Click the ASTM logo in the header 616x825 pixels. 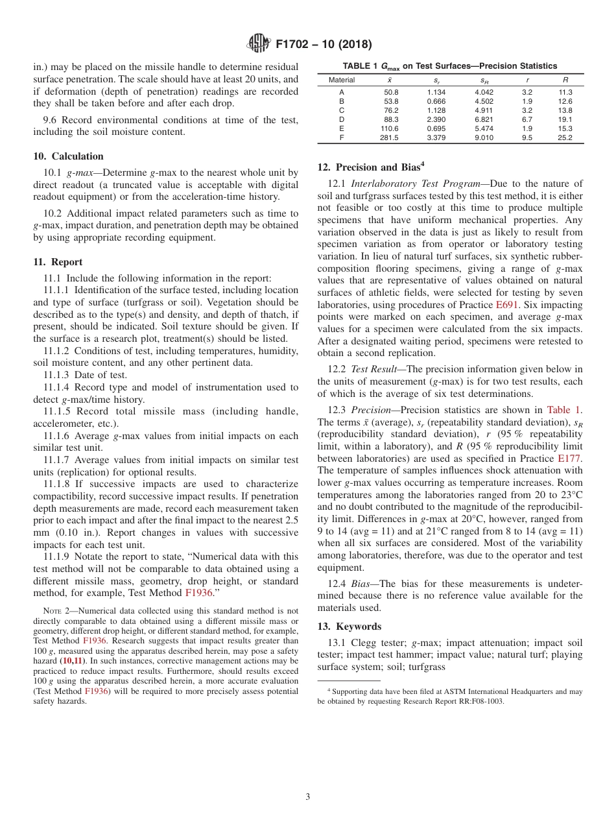pyautogui.click(x=259, y=44)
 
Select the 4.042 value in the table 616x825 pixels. pyautogui.click(x=484, y=92)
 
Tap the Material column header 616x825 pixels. pyautogui.click(x=342, y=80)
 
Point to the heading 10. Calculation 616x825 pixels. pyautogui.click(x=68, y=156)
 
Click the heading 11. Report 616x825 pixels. pyautogui.click(x=58, y=262)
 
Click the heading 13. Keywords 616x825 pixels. pyautogui.click(x=349, y=627)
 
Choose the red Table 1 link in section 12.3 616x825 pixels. pyautogui.click(x=564, y=410)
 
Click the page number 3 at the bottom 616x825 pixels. pyautogui.click(x=308, y=796)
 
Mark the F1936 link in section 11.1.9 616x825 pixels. pyautogui.click(x=199, y=593)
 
